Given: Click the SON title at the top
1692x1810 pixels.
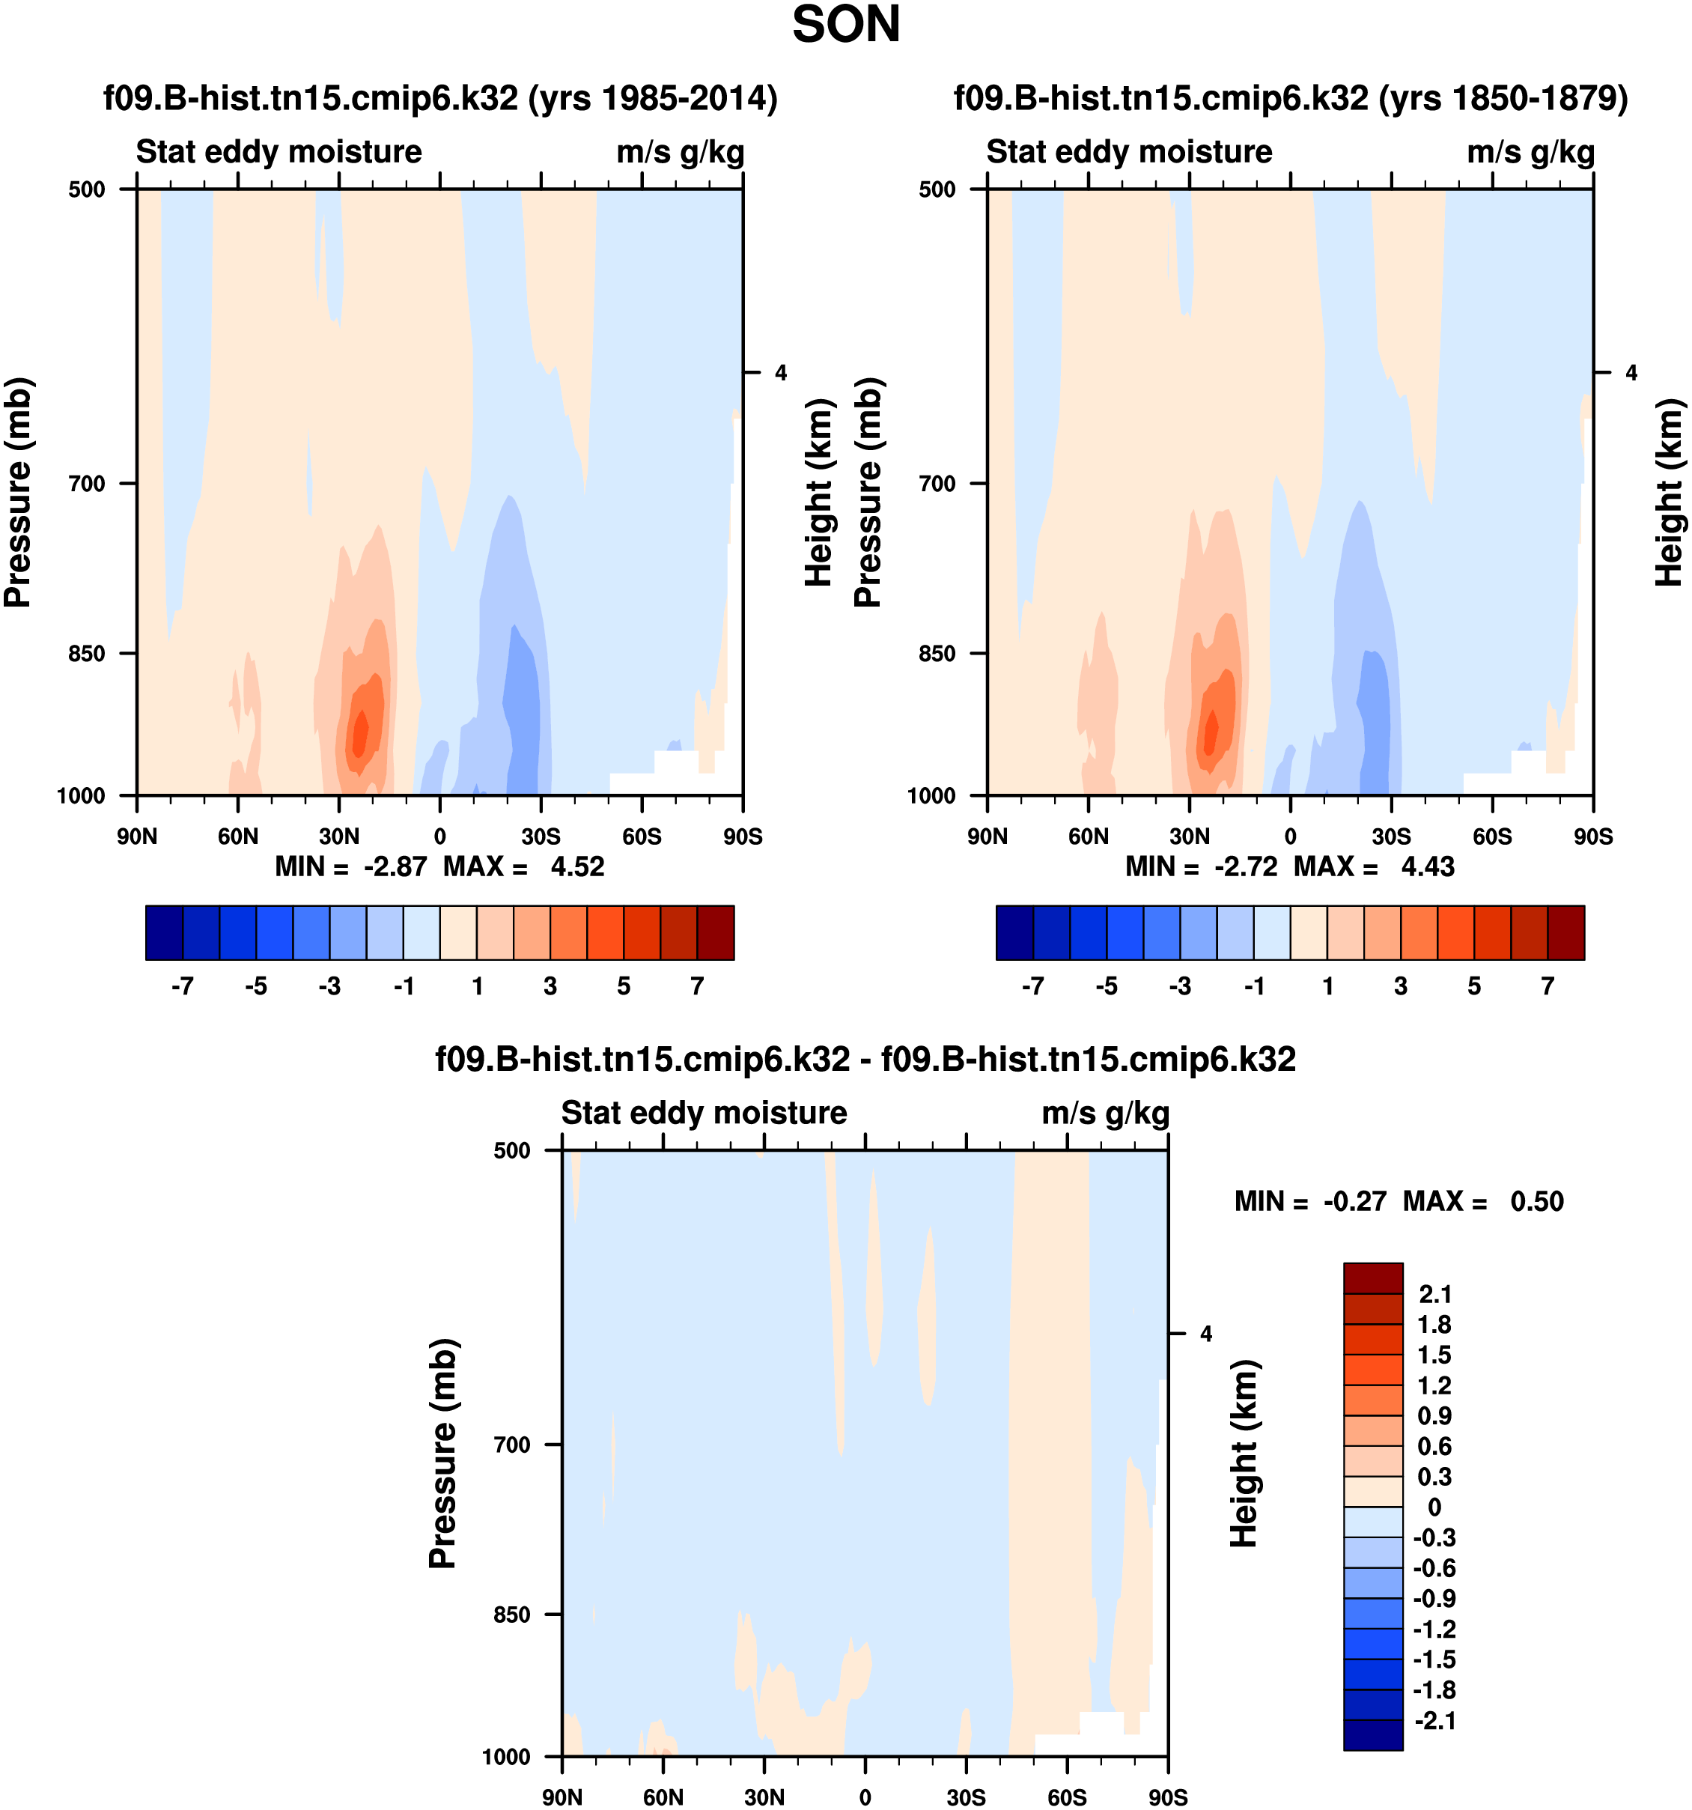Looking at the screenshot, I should (845, 25).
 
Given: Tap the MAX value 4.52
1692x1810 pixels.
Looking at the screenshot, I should (577, 866).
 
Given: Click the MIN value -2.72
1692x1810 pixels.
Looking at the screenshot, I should (1245, 866).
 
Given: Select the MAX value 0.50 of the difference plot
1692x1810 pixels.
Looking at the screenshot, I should (1536, 1201).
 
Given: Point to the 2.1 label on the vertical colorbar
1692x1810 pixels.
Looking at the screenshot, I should (1434, 1294).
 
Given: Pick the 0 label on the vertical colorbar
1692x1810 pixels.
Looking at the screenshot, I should (1434, 1507).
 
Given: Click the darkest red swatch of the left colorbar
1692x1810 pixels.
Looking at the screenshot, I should (716, 932).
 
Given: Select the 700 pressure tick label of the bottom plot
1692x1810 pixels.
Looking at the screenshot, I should (511, 1444).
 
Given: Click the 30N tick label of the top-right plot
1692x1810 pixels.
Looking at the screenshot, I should (1189, 836).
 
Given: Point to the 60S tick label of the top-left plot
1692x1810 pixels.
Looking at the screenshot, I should (642, 836).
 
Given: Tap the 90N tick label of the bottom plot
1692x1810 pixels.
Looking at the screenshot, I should (562, 1797).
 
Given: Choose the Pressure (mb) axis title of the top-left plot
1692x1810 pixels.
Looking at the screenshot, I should (18, 492).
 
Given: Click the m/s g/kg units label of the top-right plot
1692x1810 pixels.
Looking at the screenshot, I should (1531, 152).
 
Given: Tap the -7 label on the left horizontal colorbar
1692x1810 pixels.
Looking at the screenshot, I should (182, 986).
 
